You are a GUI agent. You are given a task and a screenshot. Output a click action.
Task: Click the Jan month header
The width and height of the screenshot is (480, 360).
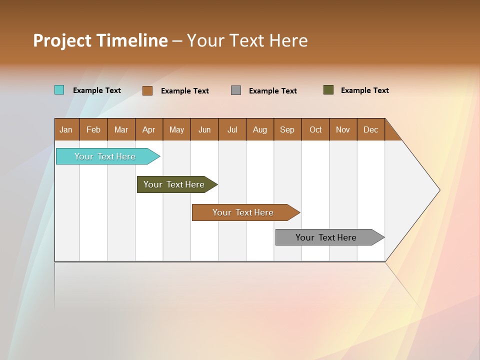66,129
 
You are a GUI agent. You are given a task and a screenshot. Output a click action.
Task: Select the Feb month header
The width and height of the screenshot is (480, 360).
93,129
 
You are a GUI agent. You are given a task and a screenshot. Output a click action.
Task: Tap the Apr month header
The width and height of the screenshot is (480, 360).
149,129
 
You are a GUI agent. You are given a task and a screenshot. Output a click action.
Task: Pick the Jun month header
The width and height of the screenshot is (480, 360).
204,129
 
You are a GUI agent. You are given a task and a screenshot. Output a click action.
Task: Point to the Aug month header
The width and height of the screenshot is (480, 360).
260,129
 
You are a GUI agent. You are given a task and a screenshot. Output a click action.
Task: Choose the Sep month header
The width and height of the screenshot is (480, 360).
287,129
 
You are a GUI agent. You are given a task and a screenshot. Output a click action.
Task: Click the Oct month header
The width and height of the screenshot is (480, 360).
315,129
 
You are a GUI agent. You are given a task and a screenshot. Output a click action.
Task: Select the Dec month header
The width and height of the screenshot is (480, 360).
371,129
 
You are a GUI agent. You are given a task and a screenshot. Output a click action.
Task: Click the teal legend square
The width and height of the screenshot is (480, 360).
59,90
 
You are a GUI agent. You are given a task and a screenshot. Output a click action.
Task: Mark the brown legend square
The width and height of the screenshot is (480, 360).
147,90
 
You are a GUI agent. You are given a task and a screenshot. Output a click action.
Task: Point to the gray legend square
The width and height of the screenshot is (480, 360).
236,90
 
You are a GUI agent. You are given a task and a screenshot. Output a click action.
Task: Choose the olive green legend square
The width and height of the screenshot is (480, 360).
328,90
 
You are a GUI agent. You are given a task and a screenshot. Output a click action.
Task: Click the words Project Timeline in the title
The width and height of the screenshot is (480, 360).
100,40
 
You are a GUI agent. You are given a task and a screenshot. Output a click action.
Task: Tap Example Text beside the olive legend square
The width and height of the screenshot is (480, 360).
365,90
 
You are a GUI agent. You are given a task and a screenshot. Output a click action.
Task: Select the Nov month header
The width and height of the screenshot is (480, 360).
343,129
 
